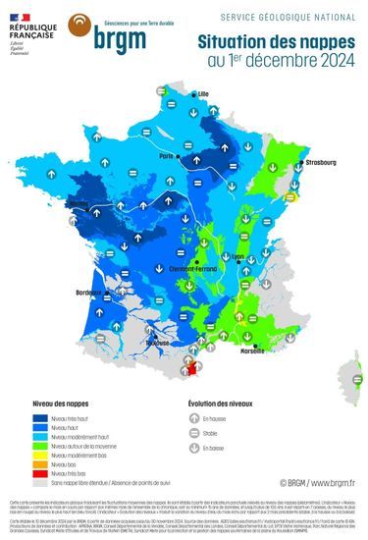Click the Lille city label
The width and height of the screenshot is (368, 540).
click(204, 94)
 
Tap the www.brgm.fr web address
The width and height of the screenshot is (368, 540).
click(330, 483)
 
